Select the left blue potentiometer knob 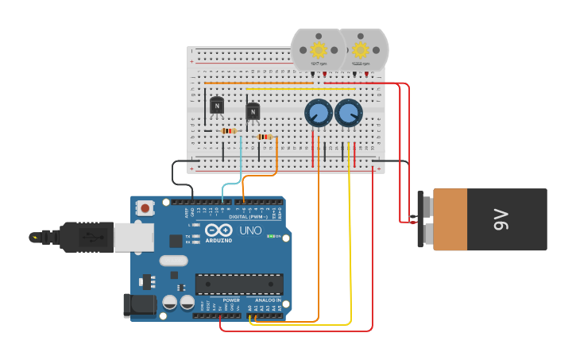click(319, 113)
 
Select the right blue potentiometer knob click(349, 113)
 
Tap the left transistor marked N click(217, 105)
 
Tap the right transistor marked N click(253, 112)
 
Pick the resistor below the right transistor click(265, 137)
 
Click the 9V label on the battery click(501, 219)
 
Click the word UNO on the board click(250, 230)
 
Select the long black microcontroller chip click(239, 284)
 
